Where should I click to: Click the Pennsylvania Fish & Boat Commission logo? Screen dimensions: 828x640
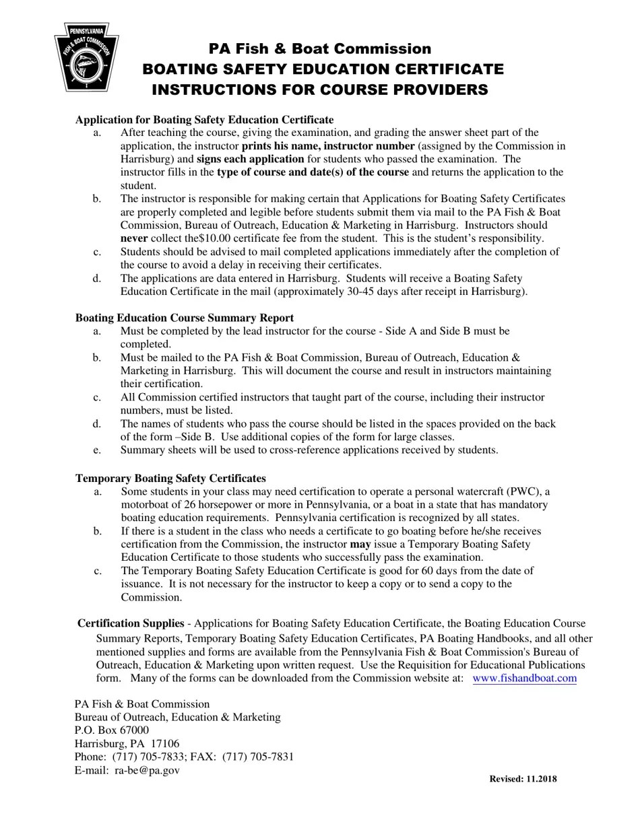(x=87, y=57)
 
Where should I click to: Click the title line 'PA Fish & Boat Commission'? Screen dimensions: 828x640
(x=319, y=48)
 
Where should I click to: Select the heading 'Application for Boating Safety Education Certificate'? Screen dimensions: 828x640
(x=204, y=120)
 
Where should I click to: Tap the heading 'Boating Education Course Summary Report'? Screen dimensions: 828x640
(x=184, y=318)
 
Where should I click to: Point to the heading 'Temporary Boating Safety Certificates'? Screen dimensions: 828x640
(x=170, y=479)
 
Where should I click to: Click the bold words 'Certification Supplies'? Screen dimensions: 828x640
(x=131, y=624)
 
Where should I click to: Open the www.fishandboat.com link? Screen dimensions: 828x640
(x=524, y=679)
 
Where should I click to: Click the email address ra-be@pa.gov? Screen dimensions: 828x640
(x=147, y=770)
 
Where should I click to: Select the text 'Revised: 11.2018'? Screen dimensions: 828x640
(x=523, y=780)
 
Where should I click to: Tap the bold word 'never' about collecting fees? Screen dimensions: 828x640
(x=134, y=238)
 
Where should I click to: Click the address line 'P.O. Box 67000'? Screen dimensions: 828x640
(x=112, y=730)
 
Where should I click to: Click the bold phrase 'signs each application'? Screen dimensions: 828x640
(x=250, y=160)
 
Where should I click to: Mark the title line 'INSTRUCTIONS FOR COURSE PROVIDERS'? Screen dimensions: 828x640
(x=319, y=90)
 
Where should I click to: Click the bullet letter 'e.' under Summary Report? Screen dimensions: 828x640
(x=98, y=450)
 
